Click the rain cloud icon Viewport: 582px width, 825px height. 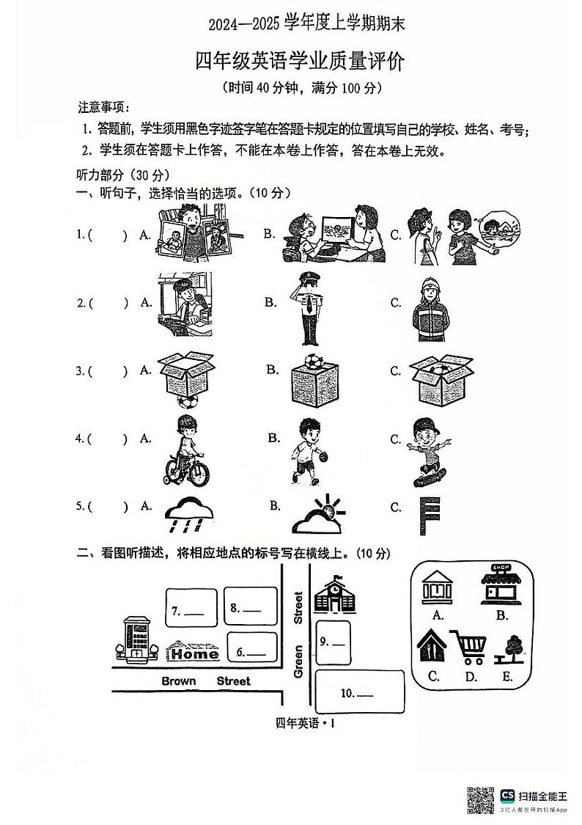[x=188, y=516]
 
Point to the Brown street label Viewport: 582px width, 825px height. [x=179, y=681]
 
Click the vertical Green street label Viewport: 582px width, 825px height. [x=298, y=661]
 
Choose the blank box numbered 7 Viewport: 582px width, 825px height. [x=191, y=609]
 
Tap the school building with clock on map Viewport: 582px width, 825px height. [x=334, y=595]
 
